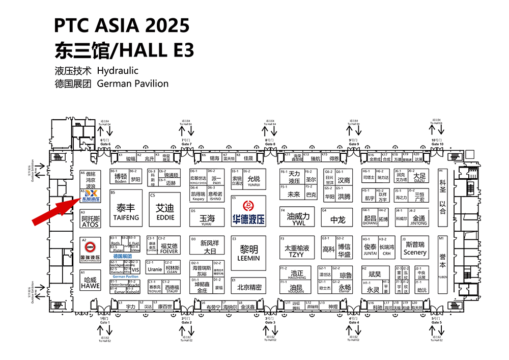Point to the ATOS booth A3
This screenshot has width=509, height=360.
coord(91,220)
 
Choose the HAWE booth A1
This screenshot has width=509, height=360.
coord(90,283)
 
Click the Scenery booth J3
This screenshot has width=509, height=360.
coord(414,249)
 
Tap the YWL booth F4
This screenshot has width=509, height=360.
coord(298,218)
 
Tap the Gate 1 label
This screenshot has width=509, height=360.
coord(105,321)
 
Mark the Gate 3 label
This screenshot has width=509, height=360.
coord(270,321)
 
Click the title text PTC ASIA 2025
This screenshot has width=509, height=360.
coord(122,25)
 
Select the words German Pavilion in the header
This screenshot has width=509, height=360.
coord(132,84)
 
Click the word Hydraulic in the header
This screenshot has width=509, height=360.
coord(118,71)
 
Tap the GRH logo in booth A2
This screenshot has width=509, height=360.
coord(90,247)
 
